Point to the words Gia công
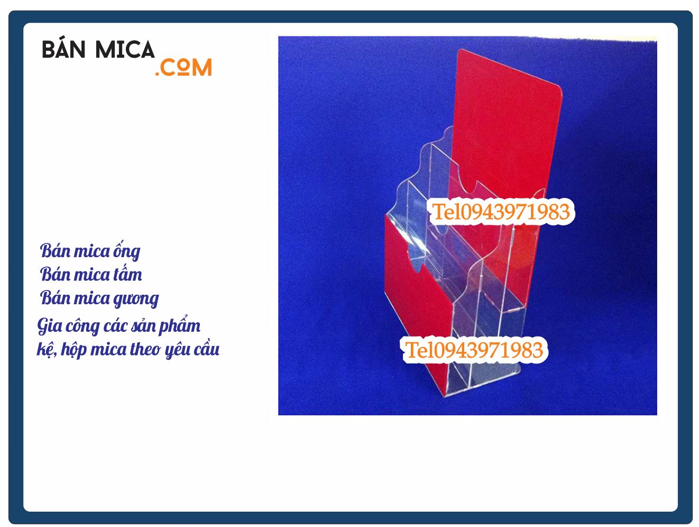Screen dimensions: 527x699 (x=68, y=326)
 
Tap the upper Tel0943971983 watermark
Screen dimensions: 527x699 (x=501, y=212)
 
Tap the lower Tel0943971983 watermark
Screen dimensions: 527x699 (x=474, y=350)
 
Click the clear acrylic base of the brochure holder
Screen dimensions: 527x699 (x=471, y=384)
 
